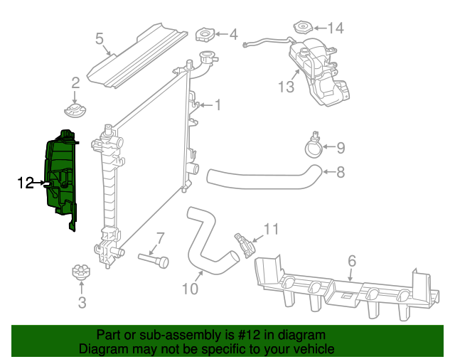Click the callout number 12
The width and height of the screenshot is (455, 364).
(25, 183)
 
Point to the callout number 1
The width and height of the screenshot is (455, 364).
(218, 105)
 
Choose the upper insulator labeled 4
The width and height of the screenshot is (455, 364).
(205, 35)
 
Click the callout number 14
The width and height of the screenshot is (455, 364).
(335, 28)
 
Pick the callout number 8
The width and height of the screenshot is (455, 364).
(341, 171)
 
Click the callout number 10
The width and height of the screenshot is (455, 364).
(190, 289)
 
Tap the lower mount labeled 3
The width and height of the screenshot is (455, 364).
(80, 272)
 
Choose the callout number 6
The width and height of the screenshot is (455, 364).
(351, 261)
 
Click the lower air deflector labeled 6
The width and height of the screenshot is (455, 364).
(341, 288)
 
